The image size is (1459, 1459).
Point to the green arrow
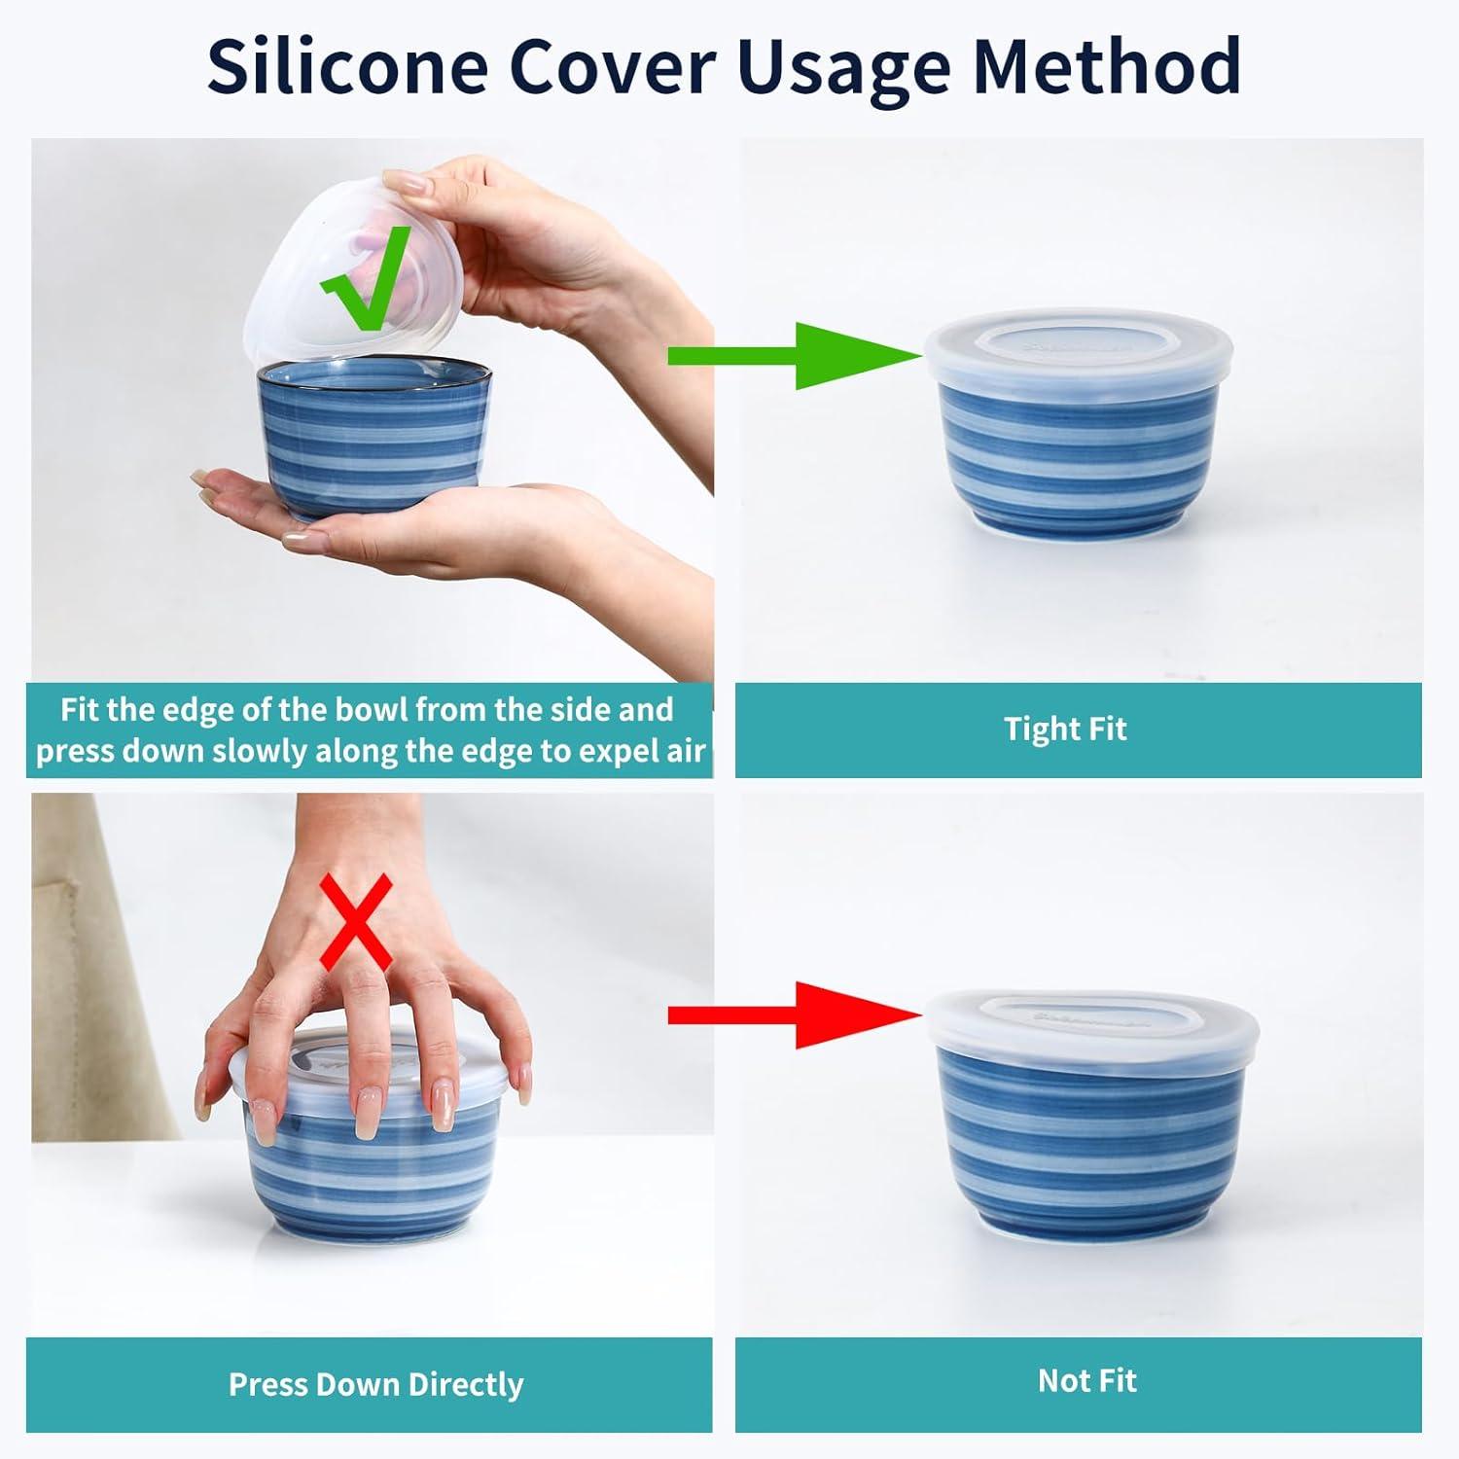[x=795, y=357]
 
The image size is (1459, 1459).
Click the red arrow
[x=795, y=1015]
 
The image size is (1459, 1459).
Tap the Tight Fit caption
[x=1066, y=729]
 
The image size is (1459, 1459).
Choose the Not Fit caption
[x=1086, y=1380]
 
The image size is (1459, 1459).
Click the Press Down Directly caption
[x=375, y=1384]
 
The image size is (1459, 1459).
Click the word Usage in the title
[x=843, y=66]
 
